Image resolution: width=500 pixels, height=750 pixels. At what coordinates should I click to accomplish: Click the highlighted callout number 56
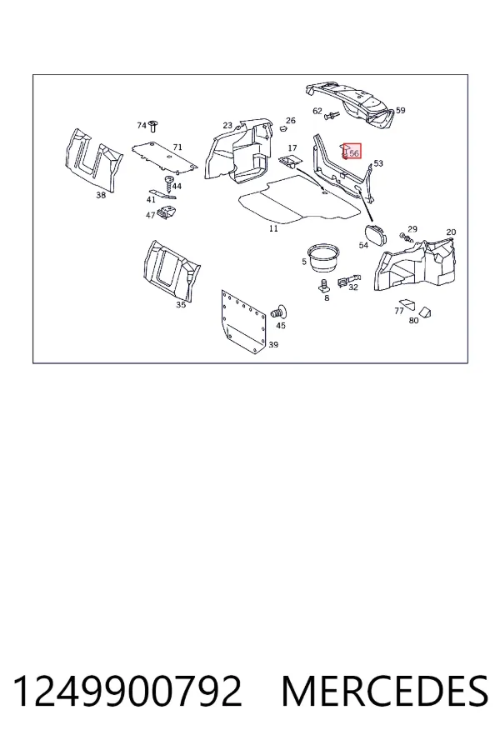pyautogui.click(x=354, y=153)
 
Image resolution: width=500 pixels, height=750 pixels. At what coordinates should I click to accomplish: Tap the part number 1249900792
pyautogui.click(x=127, y=691)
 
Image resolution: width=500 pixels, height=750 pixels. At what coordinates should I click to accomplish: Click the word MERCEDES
pyautogui.click(x=385, y=691)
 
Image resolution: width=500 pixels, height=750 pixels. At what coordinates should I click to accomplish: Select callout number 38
pyautogui.click(x=101, y=195)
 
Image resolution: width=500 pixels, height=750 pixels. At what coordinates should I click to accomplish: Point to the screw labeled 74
pyautogui.click(x=153, y=127)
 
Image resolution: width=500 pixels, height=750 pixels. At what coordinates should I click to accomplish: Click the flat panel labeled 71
pyautogui.click(x=164, y=157)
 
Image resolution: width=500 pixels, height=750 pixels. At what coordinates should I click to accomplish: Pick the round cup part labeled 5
pyautogui.click(x=322, y=257)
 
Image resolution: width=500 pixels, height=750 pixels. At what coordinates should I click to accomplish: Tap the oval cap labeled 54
pyautogui.click(x=377, y=234)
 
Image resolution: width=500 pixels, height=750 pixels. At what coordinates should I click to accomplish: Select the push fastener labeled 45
pyautogui.click(x=278, y=312)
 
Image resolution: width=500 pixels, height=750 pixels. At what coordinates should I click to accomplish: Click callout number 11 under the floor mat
pyautogui.click(x=273, y=228)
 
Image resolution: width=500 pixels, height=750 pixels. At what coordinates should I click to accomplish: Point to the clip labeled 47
pyautogui.click(x=167, y=211)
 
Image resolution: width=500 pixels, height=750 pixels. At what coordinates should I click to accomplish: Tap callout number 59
pyautogui.click(x=401, y=110)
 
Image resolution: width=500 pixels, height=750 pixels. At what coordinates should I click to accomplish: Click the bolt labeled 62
pyautogui.click(x=332, y=115)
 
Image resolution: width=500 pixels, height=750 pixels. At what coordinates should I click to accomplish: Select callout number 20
pyautogui.click(x=451, y=232)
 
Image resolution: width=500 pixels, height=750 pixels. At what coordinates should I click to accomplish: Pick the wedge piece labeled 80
pyautogui.click(x=425, y=312)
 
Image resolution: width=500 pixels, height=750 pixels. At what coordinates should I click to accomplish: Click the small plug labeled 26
pyautogui.click(x=283, y=128)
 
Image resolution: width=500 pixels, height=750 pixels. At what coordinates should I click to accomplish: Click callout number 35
pyautogui.click(x=180, y=305)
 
